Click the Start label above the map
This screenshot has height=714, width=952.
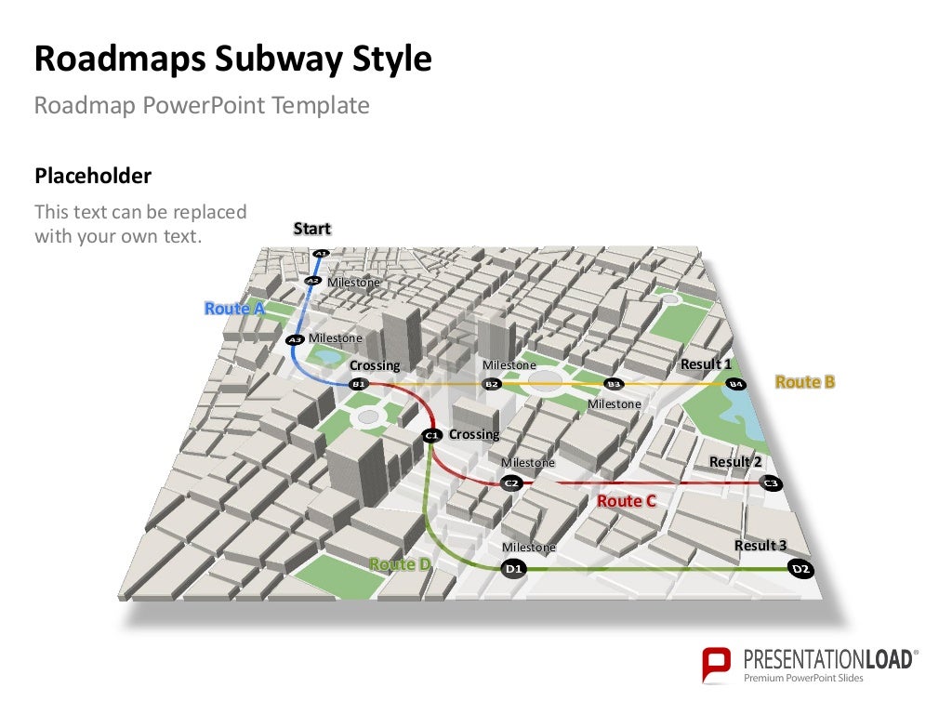tap(312, 229)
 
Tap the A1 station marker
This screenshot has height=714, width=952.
tap(321, 253)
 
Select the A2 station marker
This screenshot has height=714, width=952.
tap(313, 280)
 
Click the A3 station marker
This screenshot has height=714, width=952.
tap(295, 340)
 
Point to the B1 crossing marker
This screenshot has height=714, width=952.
tap(358, 383)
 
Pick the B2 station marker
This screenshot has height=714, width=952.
tap(492, 384)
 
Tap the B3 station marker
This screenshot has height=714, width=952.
tap(613, 384)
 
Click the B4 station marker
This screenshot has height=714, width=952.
tap(735, 384)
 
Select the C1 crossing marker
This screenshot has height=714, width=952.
tap(430, 435)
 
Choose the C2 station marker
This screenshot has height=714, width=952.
tap(510, 483)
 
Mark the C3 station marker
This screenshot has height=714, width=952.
tap(770, 483)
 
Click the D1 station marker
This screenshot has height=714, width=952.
tap(513, 568)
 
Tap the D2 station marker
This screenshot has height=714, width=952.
tap(800, 568)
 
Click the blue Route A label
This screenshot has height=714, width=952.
tap(234, 309)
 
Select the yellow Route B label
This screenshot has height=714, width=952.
tap(805, 382)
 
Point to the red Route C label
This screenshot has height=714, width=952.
tap(627, 502)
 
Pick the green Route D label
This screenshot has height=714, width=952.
tap(400, 564)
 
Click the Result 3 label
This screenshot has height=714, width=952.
tap(760, 546)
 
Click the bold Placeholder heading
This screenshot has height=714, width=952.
tap(93, 176)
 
